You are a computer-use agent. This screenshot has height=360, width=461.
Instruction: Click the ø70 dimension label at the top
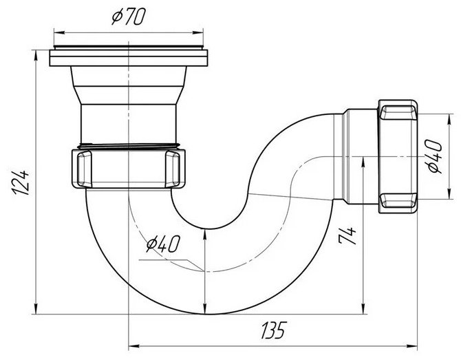[129, 17]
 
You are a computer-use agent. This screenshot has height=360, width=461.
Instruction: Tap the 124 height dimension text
[21, 182]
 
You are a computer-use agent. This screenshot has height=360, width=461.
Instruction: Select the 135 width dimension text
[274, 330]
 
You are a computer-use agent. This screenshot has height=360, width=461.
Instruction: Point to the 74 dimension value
[347, 235]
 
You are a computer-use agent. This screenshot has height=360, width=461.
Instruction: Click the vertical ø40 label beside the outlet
[435, 156]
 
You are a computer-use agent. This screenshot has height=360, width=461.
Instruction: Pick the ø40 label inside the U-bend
[163, 244]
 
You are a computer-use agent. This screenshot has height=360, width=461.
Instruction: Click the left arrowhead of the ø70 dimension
[58, 32]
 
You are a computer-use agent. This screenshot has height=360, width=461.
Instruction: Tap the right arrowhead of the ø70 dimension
[198, 32]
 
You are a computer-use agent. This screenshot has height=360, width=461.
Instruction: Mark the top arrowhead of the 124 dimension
[36, 55]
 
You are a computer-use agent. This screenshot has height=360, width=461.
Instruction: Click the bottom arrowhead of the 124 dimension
[36, 309]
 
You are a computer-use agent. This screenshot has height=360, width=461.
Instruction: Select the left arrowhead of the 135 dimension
[133, 345]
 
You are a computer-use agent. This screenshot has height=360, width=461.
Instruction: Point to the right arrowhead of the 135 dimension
[412, 345]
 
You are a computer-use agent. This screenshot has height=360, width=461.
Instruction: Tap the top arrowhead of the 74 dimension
[364, 162]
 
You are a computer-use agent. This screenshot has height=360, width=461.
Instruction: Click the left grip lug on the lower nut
[85, 169]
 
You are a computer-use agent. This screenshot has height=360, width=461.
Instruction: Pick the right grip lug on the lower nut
[173, 169]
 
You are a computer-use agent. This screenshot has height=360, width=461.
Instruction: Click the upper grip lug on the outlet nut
[398, 113]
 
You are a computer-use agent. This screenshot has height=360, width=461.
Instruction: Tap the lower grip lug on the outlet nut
[398, 200]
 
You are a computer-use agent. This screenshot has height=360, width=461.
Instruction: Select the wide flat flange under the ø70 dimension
[129, 58]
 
